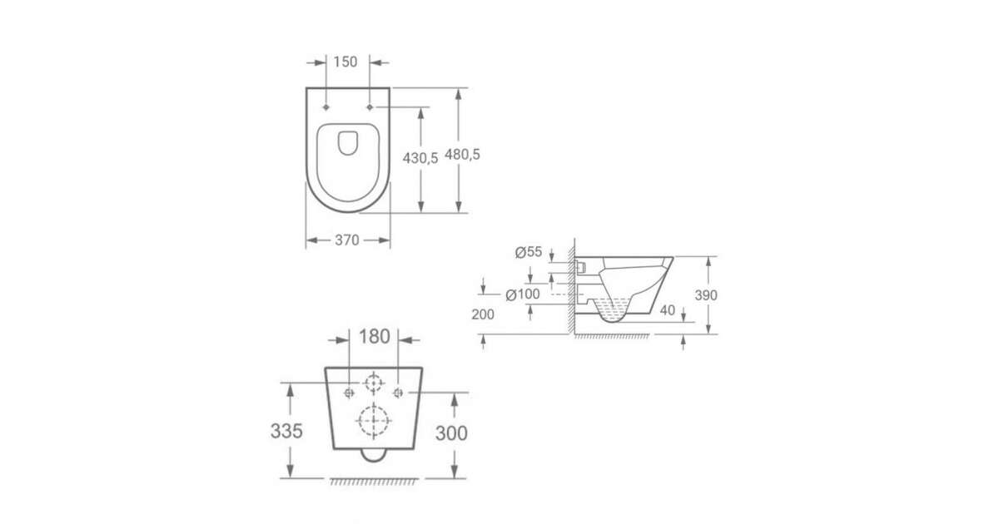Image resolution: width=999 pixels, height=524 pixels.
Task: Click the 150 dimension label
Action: click(x=345, y=62)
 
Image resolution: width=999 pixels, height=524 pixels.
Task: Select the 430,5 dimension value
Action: click(x=420, y=158)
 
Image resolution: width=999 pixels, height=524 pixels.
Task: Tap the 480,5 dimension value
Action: click(x=462, y=155)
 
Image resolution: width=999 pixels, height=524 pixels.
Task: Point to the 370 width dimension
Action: click(x=346, y=240)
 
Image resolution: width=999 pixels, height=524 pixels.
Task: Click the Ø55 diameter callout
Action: click(x=529, y=252)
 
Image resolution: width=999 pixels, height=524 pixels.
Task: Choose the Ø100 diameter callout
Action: click(x=523, y=294)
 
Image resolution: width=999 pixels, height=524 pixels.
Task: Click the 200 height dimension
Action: click(x=483, y=314)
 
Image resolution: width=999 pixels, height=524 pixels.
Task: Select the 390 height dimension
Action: click(x=706, y=295)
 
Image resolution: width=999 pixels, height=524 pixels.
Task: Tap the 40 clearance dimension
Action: click(x=667, y=310)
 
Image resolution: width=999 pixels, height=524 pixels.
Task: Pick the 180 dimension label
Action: click(x=374, y=337)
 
